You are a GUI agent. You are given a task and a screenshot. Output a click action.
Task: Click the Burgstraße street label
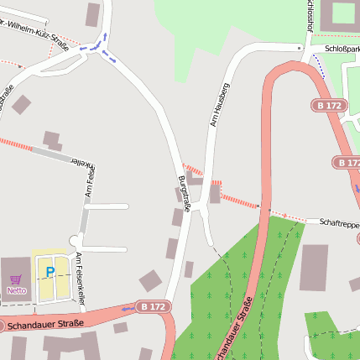pyautogui.click(x=185, y=195)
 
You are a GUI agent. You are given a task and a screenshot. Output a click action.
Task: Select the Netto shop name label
pyautogui.click(x=16, y=290)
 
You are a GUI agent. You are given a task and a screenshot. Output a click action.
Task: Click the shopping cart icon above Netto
pyautogui.click(x=15, y=279)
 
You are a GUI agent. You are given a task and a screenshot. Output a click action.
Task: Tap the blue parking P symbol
pyautogui.click(x=50, y=272)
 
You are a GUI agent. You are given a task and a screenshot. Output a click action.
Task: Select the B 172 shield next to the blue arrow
pyautogui.click(x=152, y=307)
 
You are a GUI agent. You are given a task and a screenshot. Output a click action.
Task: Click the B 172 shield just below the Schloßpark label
pyautogui.click(x=329, y=106)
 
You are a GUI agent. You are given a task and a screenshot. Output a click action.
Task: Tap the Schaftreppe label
pyautogui.click(x=338, y=222)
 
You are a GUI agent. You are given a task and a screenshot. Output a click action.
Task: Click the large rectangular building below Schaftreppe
pyautogui.click(x=315, y=268)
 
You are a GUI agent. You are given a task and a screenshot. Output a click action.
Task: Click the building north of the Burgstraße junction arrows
pyautogui.click(x=92, y=13)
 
